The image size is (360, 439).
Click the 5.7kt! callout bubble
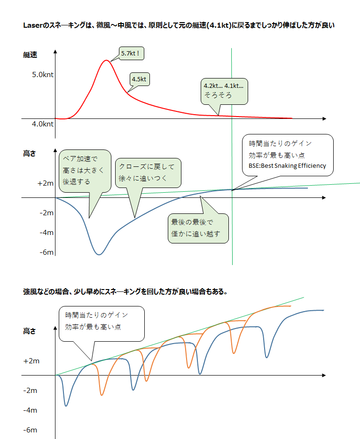pos(130,54)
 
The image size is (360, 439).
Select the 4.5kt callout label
pos(139,79)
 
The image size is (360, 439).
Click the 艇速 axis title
pos(30,55)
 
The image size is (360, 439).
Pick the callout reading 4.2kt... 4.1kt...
pos(224,90)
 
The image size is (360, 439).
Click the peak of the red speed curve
pos(107,61)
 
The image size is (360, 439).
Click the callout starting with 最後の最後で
pos(198,228)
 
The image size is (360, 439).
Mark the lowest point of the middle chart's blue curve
pos(99,254)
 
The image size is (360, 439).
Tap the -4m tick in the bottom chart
pos(30,410)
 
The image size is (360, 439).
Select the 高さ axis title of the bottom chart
pos(30,331)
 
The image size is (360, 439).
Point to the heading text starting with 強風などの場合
pos(125,291)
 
